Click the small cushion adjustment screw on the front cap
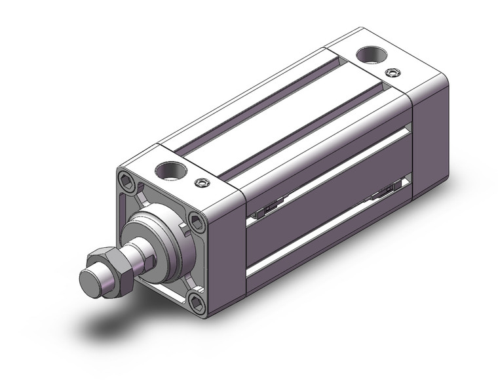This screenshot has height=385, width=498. [x=202, y=183]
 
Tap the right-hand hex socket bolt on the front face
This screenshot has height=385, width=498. [x=196, y=221]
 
